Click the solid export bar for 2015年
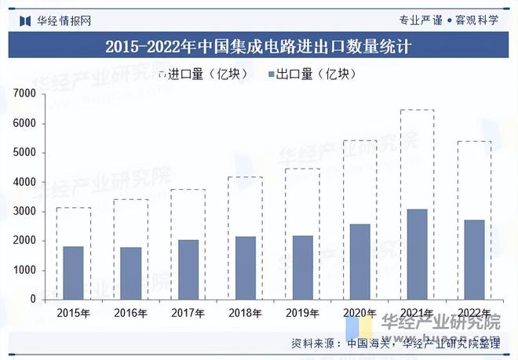[73, 273]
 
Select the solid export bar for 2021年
[417, 254]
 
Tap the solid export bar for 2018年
[245, 267]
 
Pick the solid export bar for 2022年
[475, 260]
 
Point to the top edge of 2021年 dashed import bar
[417, 110]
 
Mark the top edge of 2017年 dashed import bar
[188, 190]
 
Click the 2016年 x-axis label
[130, 314]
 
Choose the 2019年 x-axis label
[302, 314]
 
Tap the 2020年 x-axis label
[359, 314]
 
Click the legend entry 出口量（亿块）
[312, 75]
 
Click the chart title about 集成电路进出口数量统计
[259, 46]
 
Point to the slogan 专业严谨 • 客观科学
[449, 20]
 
